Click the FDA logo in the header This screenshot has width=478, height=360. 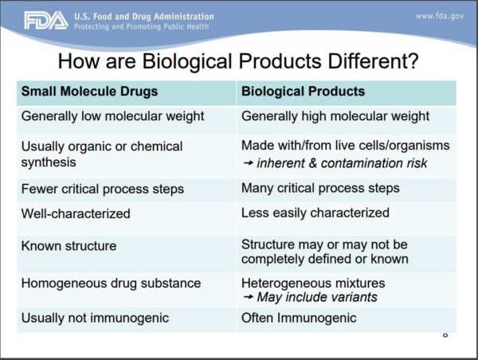click(45, 21)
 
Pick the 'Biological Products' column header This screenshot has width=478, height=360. click(303, 92)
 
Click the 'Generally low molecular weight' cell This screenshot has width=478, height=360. click(112, 116)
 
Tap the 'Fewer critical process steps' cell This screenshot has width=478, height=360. click(103, 189)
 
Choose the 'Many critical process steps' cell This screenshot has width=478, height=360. click(320, 189)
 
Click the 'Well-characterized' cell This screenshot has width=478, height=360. click(76, 213)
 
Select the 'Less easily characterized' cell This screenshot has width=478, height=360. click(315, 213)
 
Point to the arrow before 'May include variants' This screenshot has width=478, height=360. click(248, 298)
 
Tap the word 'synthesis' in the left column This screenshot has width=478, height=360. click(49, 162)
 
